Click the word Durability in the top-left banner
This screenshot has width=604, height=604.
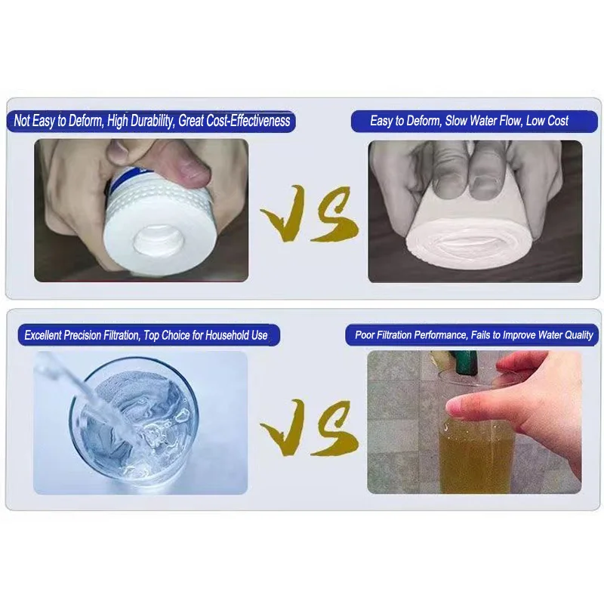point(152,121)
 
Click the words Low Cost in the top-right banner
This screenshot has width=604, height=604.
point(547,121)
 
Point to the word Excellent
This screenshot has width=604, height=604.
point(43,335)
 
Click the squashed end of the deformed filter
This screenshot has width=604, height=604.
point(467,243)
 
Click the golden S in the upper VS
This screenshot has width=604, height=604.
point(334,214)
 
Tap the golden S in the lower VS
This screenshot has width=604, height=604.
point(334,428)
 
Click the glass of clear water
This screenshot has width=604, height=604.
point(134,421)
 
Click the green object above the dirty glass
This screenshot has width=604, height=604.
point(466,362)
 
